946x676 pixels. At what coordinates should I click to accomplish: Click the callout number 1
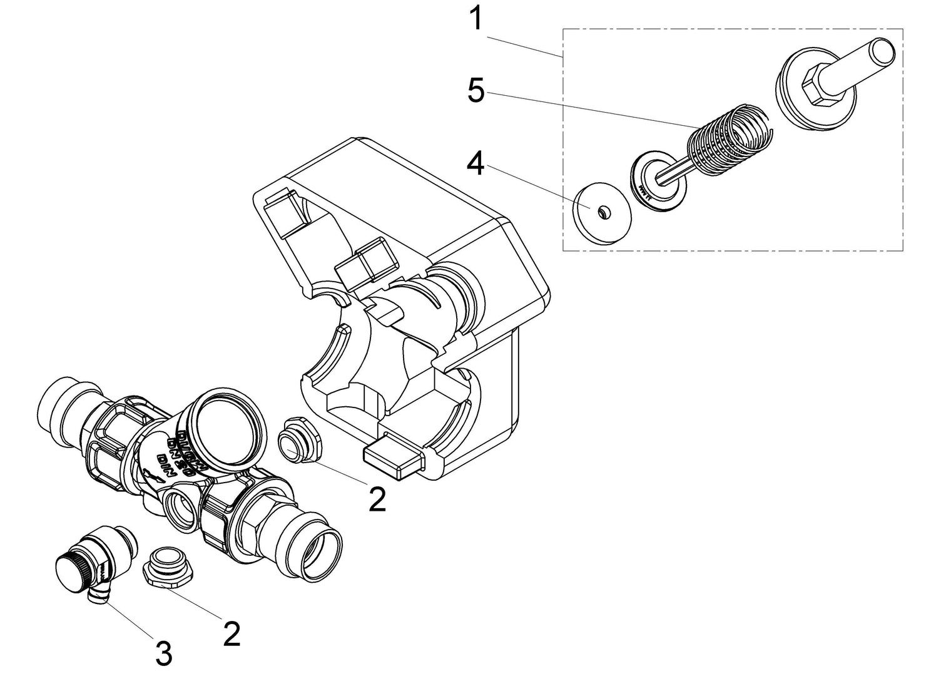pyautogui.click(x=477, y=19)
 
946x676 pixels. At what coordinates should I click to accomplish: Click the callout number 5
pyautogui.click(x=476, y=91)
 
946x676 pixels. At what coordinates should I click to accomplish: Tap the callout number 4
pyautogui.click(x=476, y=164)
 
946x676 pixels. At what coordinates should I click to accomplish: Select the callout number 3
pyautogui.click(x=163, y=653)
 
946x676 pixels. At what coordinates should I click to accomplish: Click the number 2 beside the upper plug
pyautogui.click(x=377, y=499)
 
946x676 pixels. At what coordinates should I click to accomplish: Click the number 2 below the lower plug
pyautogui.click(x=231, y=635)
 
